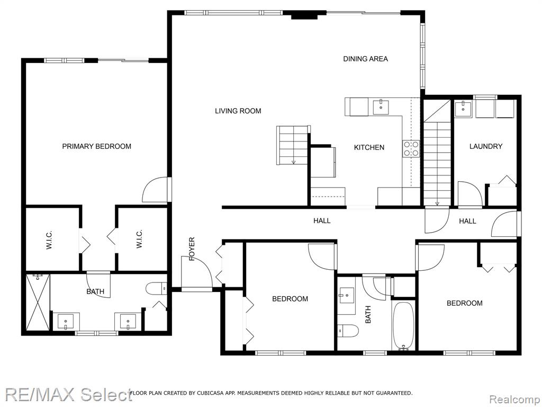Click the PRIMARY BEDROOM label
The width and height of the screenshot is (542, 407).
96,146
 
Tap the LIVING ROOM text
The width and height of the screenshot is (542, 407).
238,111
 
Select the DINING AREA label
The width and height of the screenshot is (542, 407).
365,59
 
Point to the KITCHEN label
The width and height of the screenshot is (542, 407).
369,147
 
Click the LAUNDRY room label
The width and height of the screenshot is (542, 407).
486,146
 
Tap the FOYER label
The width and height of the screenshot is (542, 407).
192,249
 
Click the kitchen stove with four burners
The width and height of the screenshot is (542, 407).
411,148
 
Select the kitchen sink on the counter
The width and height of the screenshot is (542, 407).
381,107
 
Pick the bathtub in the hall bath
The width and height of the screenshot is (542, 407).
403,326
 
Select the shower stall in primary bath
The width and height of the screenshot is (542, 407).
38,302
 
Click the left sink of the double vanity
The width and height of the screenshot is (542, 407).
66,322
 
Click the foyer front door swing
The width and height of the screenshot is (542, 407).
196,272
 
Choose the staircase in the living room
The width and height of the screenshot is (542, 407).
292,145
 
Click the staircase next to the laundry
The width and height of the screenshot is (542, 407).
437,153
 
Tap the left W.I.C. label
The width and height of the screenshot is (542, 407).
49,240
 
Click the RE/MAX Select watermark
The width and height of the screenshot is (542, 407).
68,394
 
